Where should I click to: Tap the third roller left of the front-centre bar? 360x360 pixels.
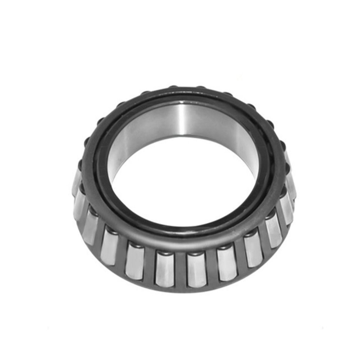click(110, 246)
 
